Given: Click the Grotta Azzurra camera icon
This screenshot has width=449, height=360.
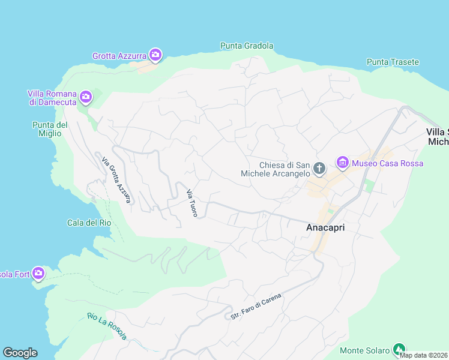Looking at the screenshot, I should click(x=155, y=55).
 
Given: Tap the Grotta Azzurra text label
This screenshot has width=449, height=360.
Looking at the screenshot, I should click(x=119, y=56).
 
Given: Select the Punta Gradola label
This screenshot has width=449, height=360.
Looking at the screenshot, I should click(x=247, y=46).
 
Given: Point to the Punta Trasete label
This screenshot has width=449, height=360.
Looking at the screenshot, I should click(x=393, y=62).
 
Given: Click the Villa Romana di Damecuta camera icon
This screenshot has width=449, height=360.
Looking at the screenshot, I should click(x=86, y=96).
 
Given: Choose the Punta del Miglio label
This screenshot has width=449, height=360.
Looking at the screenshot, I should click(x=50, y=129).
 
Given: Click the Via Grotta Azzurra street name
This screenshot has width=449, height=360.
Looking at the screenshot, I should click(x=116, y=180).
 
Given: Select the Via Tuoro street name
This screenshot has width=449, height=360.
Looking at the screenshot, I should click(x=192, y=203).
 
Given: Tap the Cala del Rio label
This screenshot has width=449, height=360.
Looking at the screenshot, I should click(x=89, y=223).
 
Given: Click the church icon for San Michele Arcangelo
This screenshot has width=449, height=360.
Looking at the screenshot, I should click(x=319, y=169).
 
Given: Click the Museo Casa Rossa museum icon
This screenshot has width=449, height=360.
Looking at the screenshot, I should click(x=343, y=162).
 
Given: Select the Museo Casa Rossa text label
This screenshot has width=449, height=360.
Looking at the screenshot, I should click(x=387, y=163).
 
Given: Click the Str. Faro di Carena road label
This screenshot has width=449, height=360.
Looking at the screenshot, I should click(x=256, y=305).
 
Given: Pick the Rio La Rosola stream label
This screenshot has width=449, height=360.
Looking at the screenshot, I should click(x=106, y=326).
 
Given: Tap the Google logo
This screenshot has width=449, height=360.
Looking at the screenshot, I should click(x=20, y=353).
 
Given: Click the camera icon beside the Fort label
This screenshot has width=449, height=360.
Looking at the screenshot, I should click(x=38, y=274).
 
